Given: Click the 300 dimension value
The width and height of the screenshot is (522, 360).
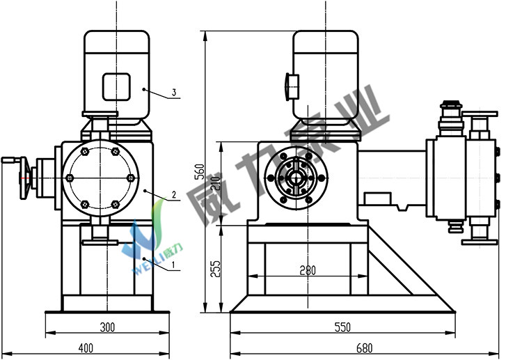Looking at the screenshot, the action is pyautogui.click(x=107, y=327).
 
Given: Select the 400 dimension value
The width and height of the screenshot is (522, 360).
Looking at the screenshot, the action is pyautogui.click(x=86, y=348).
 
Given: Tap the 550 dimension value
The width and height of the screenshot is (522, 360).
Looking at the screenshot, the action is pyautogui.click(x=342, y=327).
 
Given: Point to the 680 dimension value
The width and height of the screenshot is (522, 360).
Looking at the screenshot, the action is pyautogui.click(x=364, y=348).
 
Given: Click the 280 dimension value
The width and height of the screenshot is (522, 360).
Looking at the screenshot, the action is pyautogui.click(x=308, y=270).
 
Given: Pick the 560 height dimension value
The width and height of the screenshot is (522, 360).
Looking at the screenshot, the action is pyautogui.click(x=199, y=171).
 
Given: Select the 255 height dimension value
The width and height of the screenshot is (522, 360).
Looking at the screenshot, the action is pyautogui.click(x=215, y=269).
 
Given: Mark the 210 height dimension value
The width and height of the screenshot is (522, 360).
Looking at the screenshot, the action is pyautogui.click(x=216, y=183).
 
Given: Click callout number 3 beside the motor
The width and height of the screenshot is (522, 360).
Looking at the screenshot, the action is pyautogui.click(x=174, y=92).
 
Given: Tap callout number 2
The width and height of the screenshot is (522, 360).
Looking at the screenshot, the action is pyautogui.click(x=174, y=194).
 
